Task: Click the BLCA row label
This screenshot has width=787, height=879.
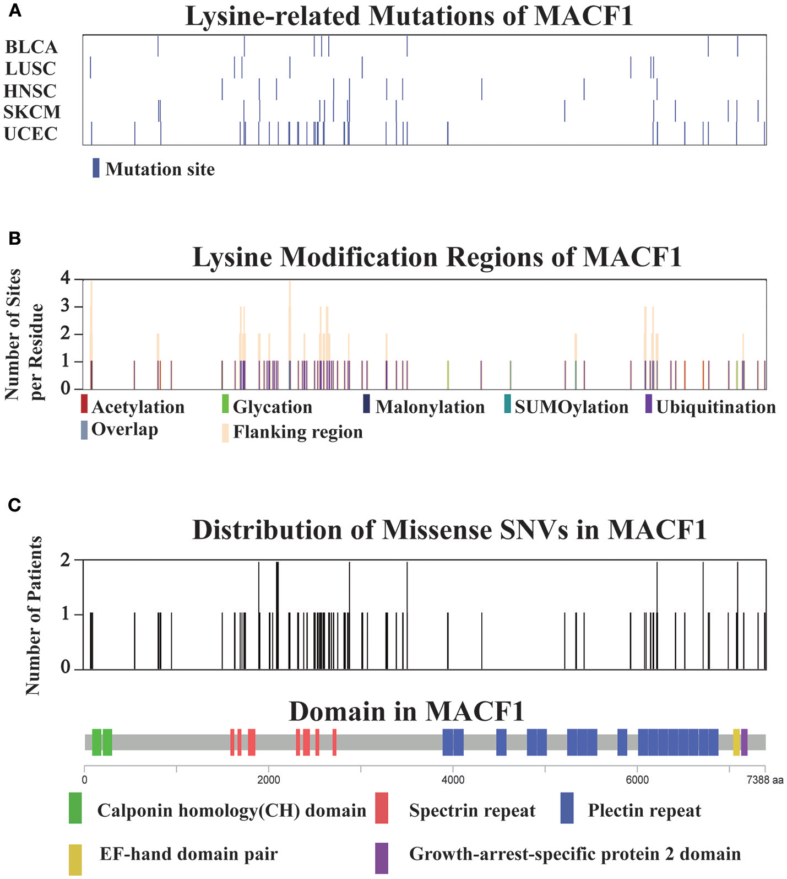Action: point(31,47)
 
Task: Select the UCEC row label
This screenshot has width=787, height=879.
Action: point(31,133)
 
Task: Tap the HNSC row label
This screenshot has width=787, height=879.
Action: point(30,90)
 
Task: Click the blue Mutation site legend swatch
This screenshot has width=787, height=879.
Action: point(96,168)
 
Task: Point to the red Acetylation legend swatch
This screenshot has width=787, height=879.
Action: point(84,403)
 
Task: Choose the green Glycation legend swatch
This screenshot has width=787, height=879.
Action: point(225,403)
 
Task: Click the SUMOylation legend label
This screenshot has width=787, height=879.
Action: point(572,407)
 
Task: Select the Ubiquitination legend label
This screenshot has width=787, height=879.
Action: point(716,407)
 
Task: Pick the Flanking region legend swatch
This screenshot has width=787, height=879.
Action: point(225,433)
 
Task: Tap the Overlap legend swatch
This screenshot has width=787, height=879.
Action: point(84,430)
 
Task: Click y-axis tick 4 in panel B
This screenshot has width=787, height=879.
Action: point(66,279)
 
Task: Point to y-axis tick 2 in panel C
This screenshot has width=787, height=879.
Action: point(66,560)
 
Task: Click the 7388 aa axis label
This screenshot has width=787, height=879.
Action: point(765,780)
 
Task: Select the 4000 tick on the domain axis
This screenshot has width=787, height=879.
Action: point(453,780)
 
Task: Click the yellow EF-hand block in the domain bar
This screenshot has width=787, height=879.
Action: point(736,742)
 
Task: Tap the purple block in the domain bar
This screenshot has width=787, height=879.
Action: point(745,742)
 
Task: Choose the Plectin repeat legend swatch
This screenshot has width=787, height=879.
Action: point(567,808)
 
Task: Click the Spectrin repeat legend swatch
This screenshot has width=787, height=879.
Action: point(381,808)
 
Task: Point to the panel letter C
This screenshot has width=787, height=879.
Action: point(14,505)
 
